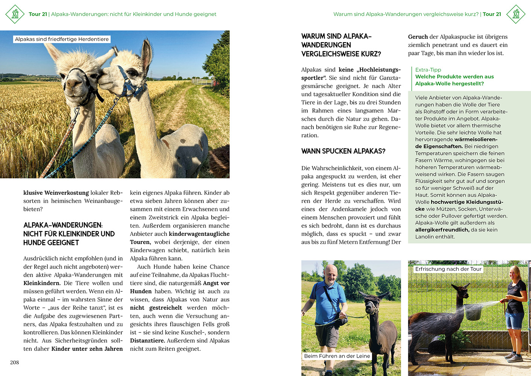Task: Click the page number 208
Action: click(14, 362)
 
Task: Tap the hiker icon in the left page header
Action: click(15, 14)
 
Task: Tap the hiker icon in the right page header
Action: click(516, 14)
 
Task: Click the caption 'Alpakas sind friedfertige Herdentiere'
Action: click(62, 39)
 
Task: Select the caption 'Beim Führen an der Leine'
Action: click(337, 356)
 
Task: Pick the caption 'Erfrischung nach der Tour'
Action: click(448, 269)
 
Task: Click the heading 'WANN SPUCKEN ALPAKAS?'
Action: click(343, 151)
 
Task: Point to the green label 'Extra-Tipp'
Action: click(428, 70)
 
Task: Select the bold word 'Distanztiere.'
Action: click(147, 341)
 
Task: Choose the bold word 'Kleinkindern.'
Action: click(42, 283)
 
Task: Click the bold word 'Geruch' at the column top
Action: click(418, 37)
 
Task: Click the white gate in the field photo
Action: click(201, 81)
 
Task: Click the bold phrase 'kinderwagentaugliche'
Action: click(199, 234)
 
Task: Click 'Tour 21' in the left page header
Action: click(38, 14)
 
